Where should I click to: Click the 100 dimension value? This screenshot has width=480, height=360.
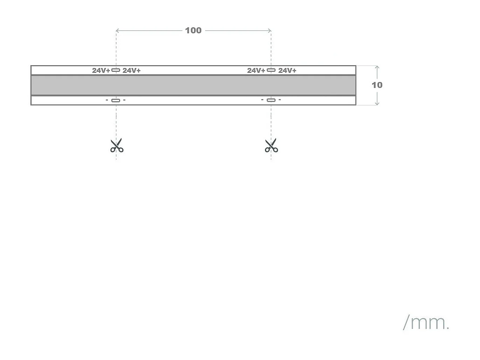[193, 30]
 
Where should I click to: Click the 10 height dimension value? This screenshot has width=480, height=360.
[377, 85]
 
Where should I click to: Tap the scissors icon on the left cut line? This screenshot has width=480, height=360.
[117, 145]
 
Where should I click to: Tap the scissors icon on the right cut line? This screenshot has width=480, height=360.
[271, 145]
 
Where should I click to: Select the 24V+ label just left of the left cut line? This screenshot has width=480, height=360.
[101, 70]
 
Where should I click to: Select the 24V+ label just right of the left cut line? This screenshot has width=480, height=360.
[132, 70]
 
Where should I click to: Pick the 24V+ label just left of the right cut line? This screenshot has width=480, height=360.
[256, 70]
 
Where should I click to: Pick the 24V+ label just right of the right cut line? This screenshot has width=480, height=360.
[287, 70]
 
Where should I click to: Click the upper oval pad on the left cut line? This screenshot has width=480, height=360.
[116, 70]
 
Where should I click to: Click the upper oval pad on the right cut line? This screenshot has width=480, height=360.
[271, 70]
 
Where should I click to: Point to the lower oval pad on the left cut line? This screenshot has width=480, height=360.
[116, 101]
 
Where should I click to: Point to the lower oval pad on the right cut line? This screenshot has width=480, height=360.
[271, 100]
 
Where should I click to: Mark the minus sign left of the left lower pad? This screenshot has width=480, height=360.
[107, 100]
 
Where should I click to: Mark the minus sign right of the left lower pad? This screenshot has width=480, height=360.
[124, 100]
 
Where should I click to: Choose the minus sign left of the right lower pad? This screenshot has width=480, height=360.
[262, 100]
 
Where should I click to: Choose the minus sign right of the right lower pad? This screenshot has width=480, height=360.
[280, 100]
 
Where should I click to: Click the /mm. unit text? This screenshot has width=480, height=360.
[426, 322]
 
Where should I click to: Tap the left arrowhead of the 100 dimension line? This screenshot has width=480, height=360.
[117, 31]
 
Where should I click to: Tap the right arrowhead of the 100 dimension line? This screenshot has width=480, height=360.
[270, 31]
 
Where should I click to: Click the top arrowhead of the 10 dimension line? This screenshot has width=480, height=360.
[377, 67]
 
